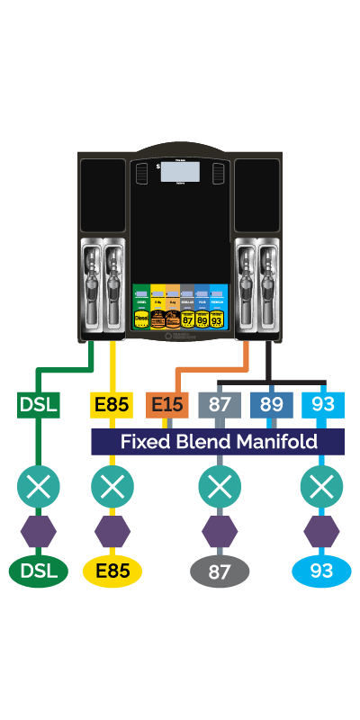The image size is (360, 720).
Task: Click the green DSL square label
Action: click(x=38, y=405)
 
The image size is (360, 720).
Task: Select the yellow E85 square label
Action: click(x=112, y=405)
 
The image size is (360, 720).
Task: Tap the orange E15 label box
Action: click(x=167, y=405)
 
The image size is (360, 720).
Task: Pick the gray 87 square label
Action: click(x=220, y=405)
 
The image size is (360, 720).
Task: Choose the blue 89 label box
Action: click(x=271, y=405)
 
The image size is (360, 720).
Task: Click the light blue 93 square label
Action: click(x=322, y=405)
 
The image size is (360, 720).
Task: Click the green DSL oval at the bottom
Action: click(x=38, y=571)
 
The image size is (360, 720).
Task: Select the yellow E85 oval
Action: click(x=112, y=571)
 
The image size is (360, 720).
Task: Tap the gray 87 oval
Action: click(x=220, y=571)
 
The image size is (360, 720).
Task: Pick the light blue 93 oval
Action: click(x=321, y=571)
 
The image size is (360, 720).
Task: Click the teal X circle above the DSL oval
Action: click(x=38, y=488)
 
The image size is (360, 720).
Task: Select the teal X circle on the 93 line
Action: click(x=321, y=488)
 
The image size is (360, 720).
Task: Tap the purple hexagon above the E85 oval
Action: click(x=112, y=531)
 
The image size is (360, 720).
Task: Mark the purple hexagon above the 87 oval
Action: click(x=220, y=531)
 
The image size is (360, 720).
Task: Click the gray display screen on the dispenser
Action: click(x=180, y=173)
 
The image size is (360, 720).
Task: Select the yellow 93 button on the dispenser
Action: click(x=217, y=318)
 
